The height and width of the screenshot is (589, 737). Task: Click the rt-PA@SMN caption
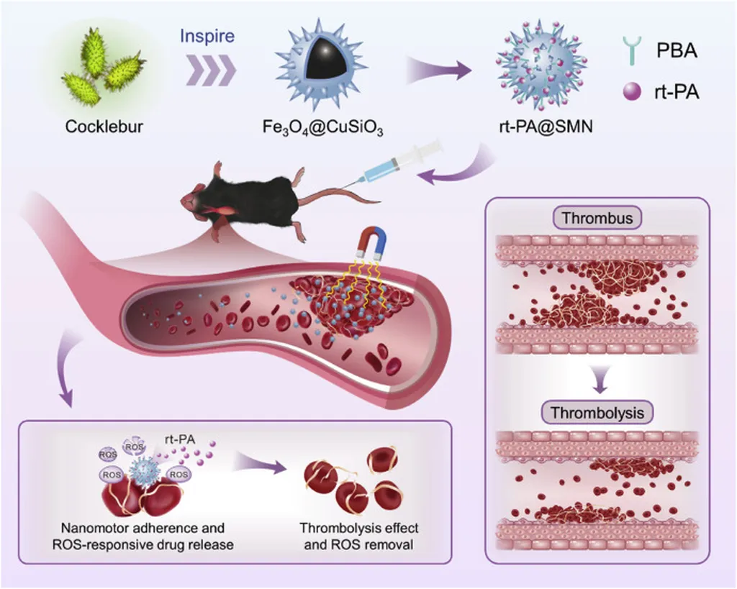tap(533, 128)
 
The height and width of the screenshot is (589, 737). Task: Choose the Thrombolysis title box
tap(597, 413)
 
